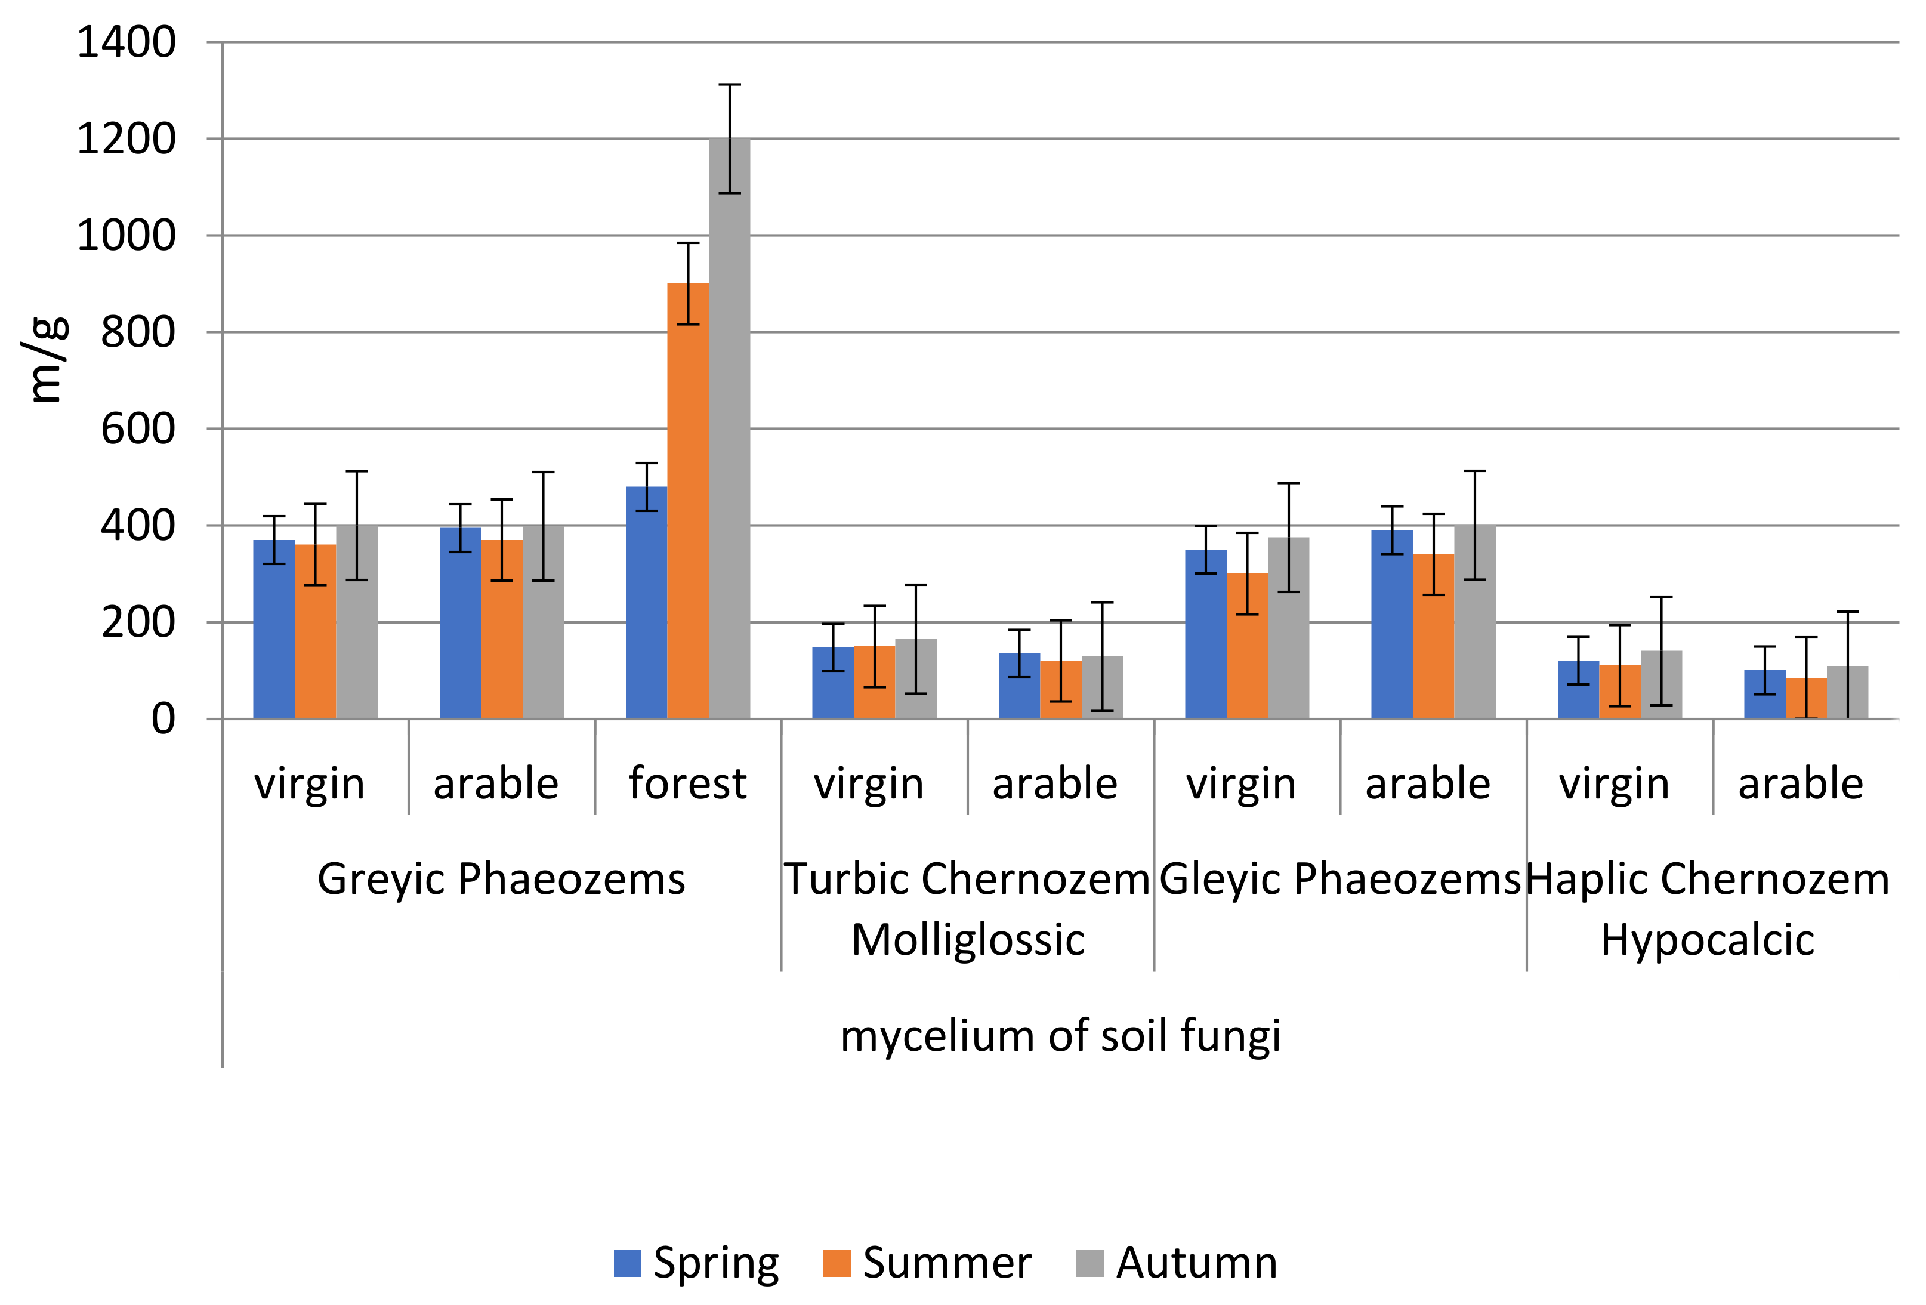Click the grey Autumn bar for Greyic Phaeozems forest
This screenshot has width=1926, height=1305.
tap(729, 431)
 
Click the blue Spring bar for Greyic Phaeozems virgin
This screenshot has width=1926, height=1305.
tap(273, 630)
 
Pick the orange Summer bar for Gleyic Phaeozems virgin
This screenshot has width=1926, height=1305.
tap(1246, 646)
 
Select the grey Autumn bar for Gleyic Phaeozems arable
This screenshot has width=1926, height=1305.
tap(1474, 621)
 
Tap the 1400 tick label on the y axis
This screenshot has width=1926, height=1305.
tap(126, 42)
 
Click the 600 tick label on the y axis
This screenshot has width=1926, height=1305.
tap(138, 429)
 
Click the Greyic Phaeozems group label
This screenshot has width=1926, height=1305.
tap(501, 878)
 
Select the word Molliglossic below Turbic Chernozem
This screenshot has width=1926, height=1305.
tap(967, 940)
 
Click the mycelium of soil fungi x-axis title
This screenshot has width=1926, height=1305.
tap(1060, 1036)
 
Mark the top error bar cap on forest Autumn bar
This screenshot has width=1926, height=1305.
tap(729, 85)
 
